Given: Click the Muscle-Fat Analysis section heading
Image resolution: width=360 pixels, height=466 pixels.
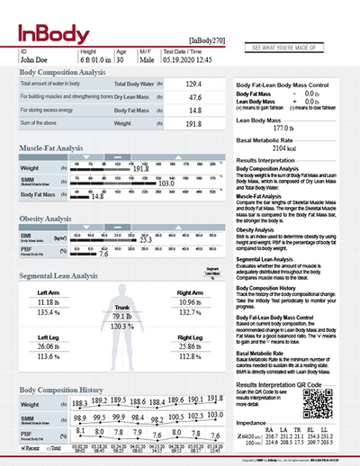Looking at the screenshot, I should coord(58,148).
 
